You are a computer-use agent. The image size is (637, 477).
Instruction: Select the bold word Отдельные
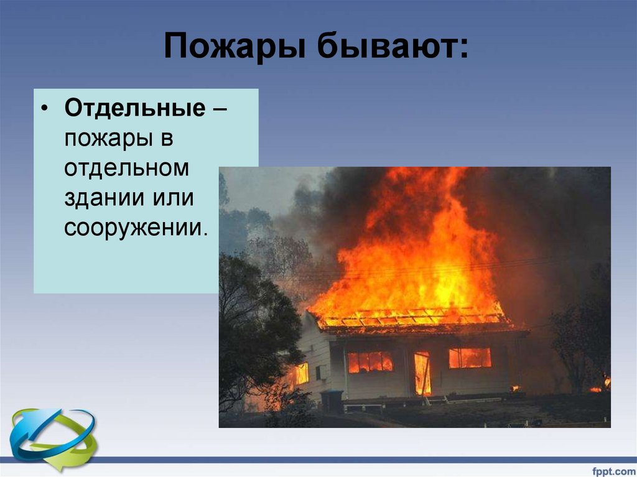(x=134, y=109)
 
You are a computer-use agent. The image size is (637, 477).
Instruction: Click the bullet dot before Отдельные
(x=44, y=110)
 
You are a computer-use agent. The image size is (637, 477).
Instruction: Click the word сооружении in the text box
(x=133, y=228)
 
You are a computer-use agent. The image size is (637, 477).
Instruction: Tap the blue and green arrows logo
(x=53, y=439)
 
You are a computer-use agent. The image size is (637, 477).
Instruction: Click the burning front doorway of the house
(x=422, y=374)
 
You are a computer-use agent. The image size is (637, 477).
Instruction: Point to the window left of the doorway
(x=370, y=362)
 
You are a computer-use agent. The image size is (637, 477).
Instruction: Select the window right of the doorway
(x=470, y=358)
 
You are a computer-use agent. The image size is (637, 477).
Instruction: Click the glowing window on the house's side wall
(x=301, y=374)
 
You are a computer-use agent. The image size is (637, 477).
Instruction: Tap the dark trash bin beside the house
(x=331, y=401)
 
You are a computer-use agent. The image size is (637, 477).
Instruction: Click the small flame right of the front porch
(x=515, y=389)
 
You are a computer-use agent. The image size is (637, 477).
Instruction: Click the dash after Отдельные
(x=219, y=110)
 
